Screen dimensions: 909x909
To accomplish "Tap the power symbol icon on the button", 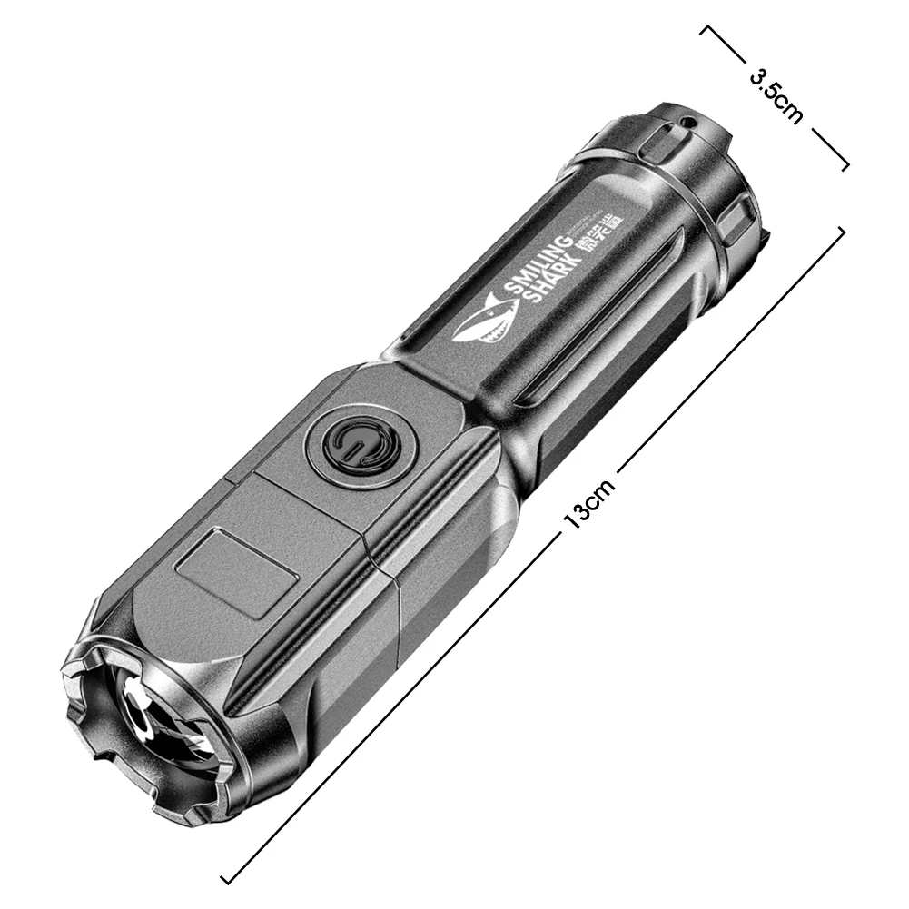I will [x=362, y=444].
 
